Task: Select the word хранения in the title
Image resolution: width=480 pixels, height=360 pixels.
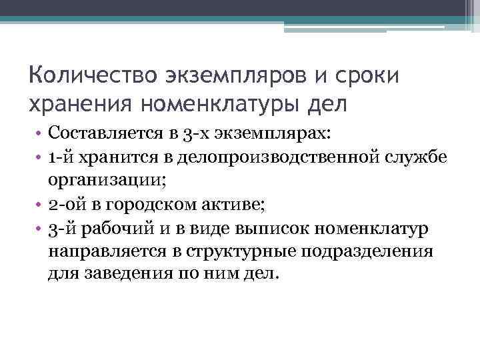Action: coord(79,104)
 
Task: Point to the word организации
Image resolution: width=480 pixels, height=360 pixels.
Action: coord(105,181)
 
